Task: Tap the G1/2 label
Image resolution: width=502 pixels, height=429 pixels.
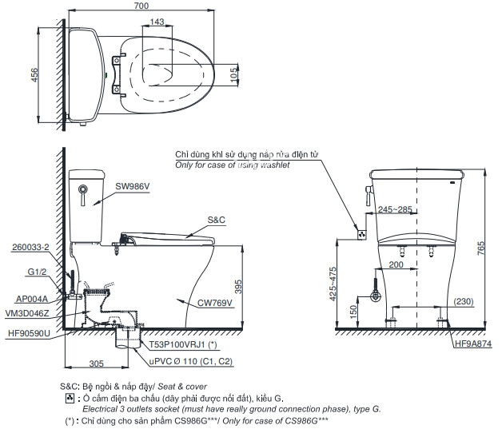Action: [38, 272]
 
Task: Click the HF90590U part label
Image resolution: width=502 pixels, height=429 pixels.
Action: [30, 332]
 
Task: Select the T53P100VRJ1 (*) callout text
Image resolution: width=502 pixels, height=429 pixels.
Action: [184, 344]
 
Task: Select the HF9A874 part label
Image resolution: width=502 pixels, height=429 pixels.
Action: [473, 344]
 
